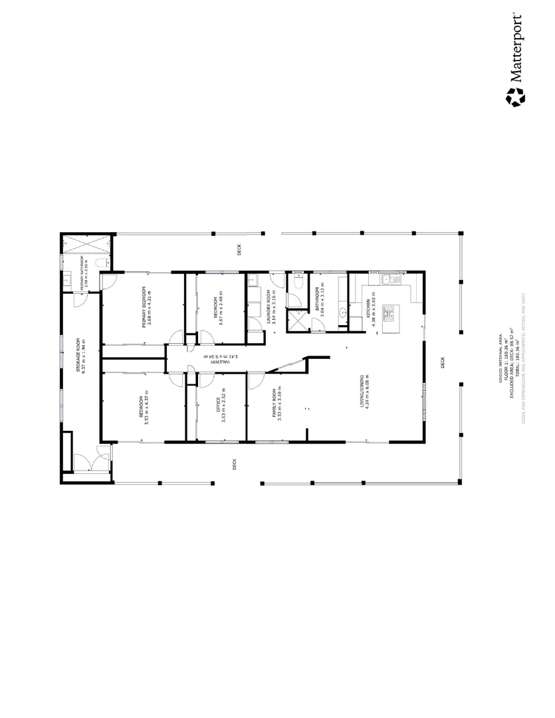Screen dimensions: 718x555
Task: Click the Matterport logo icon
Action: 515,96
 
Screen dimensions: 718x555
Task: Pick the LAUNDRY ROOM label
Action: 268,307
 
